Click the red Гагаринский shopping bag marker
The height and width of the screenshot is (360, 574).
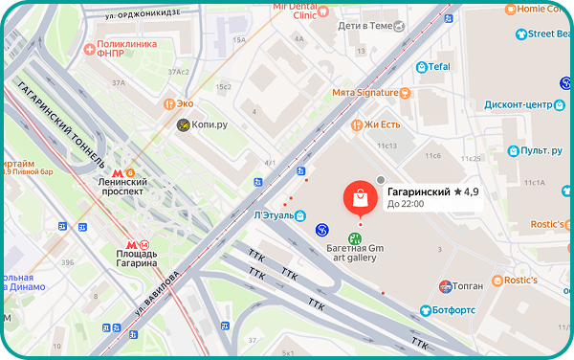[x=360, y=199]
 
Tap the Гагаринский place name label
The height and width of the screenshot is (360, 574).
[x=419, y=192]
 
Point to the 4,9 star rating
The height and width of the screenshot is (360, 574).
[x=468, y=192]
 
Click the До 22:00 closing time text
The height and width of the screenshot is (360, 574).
[x=406, y=204]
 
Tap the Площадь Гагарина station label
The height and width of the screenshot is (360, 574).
[x=116, y=256]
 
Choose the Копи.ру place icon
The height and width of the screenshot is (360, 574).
[x=184, y=125]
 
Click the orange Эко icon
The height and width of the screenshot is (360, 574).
[x=169, y=103]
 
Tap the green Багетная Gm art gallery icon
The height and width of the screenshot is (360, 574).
[x=355, y=238]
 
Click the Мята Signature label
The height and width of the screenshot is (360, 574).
[x=364, y=93]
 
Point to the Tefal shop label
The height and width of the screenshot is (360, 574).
[x=438, y=67]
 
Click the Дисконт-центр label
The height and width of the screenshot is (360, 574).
[x=519, y=104]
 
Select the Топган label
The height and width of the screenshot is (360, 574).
[x=468, y=284]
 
